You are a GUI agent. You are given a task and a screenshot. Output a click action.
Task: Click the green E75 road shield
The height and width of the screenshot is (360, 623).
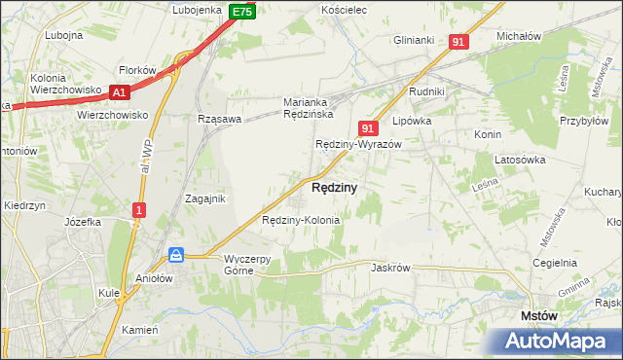coord(242,12)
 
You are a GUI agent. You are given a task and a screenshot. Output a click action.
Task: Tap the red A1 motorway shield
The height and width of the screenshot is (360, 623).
coord(120,92)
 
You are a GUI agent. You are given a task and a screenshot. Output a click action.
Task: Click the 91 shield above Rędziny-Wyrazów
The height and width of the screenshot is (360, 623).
coord(367,127)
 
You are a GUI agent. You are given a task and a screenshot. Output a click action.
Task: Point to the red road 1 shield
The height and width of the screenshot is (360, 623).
coord(140,209)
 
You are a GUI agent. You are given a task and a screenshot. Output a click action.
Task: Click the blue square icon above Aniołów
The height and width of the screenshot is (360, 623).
coord(176,255)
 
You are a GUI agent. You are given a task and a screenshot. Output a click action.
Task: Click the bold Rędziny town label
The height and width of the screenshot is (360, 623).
coord(334,187)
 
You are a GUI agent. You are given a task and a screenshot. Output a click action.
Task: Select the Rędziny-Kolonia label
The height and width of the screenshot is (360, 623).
coord(301,221)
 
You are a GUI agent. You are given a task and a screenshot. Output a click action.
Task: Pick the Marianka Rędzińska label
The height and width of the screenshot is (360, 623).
coord(309,108)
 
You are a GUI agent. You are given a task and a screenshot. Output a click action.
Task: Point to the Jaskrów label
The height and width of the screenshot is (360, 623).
coord(391,267)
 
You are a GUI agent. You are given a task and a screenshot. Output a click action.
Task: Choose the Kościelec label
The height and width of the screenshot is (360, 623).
coord(343,9)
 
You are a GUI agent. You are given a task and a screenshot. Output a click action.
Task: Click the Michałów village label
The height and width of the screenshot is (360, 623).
coord(518,35)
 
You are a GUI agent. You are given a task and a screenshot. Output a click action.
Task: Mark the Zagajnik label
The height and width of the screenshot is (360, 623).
coord(205,198)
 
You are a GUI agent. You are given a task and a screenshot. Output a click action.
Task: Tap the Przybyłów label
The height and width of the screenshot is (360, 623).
coord(584,122)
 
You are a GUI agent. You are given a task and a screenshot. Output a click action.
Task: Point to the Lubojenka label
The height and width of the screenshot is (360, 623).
coord(198,10)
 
